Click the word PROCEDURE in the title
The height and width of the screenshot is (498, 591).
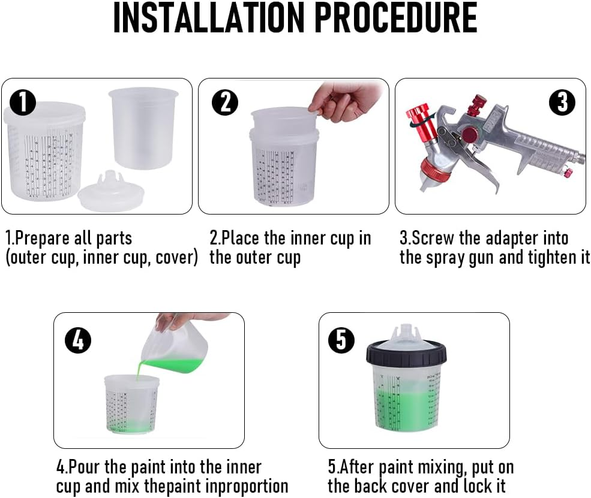(x=396, y=19)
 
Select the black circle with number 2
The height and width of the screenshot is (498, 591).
(x=225, y=103)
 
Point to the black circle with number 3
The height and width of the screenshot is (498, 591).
(x=562, y=103)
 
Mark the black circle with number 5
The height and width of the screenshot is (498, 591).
(x=341, y=341)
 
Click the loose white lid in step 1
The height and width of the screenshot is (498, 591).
(x=112, y=190)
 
